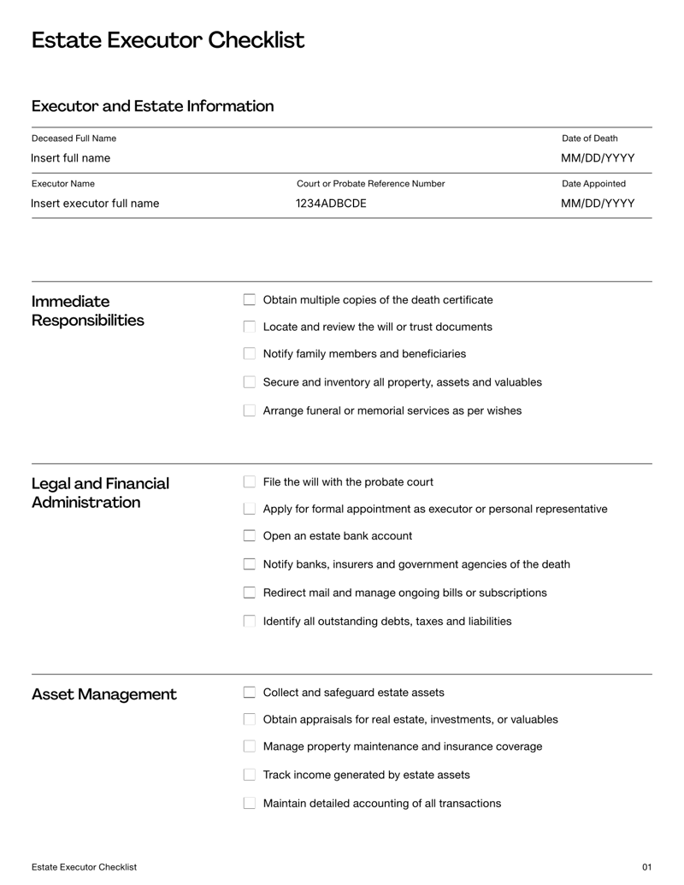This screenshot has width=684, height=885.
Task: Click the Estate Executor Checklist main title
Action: (x=168, y=40)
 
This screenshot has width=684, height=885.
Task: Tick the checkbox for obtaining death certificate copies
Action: (x=250, y=300)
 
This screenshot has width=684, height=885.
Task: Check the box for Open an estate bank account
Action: (x=250, y=536)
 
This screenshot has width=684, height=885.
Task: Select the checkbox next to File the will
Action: (x=250, y=482)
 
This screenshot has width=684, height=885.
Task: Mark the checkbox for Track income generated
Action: (x=250, y=775)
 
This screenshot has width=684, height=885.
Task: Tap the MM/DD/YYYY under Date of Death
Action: (x=598, y=158)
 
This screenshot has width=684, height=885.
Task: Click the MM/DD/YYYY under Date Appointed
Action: (x=598, y=204)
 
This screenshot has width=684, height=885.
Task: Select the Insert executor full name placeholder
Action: (x=95, y=204)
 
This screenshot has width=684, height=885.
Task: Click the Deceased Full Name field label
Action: (x=74, y=139)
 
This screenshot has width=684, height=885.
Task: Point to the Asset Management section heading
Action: (x=104, y=694)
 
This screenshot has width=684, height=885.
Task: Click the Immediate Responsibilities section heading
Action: (x=87, y=311)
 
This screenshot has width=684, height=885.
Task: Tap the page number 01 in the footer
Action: (x=646, y=867)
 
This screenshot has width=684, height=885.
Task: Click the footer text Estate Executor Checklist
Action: (x=84, y=867)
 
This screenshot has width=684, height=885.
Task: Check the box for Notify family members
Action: (x=250, y=354)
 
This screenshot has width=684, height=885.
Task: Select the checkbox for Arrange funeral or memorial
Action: (x=250, y=410)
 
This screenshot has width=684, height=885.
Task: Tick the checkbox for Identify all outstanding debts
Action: (x=250, y=622)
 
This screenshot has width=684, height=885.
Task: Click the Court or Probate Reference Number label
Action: (x=370, y=184)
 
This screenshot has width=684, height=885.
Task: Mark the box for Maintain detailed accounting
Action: (x=250, y=804)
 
